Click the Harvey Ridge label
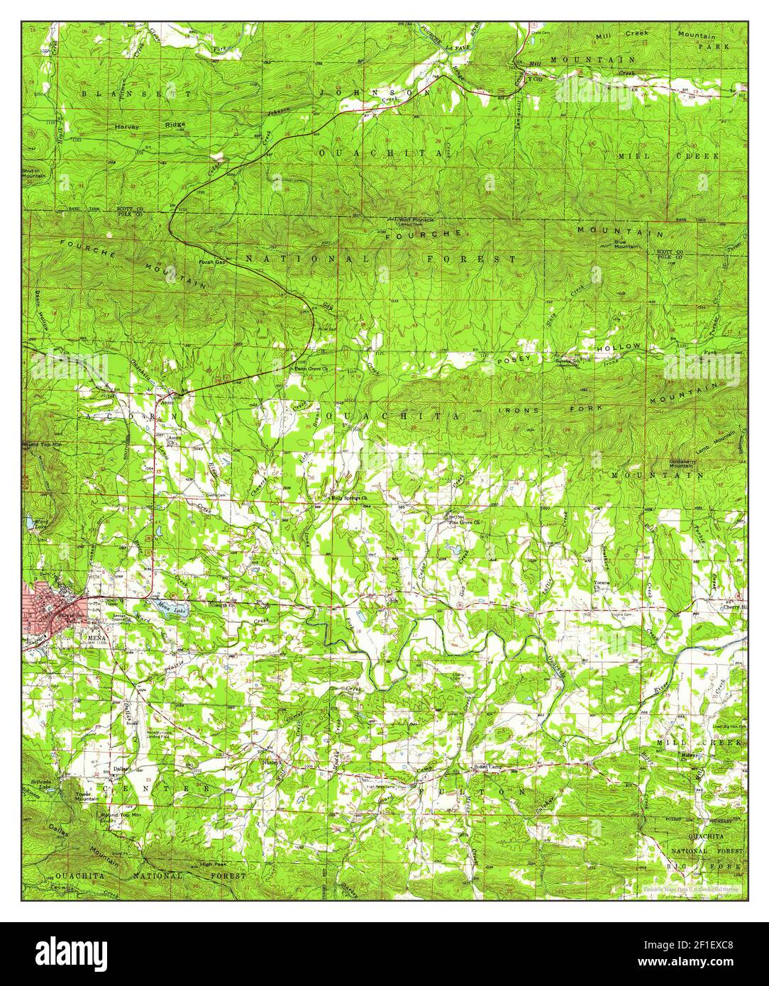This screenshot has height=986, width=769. tap(150, 125)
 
